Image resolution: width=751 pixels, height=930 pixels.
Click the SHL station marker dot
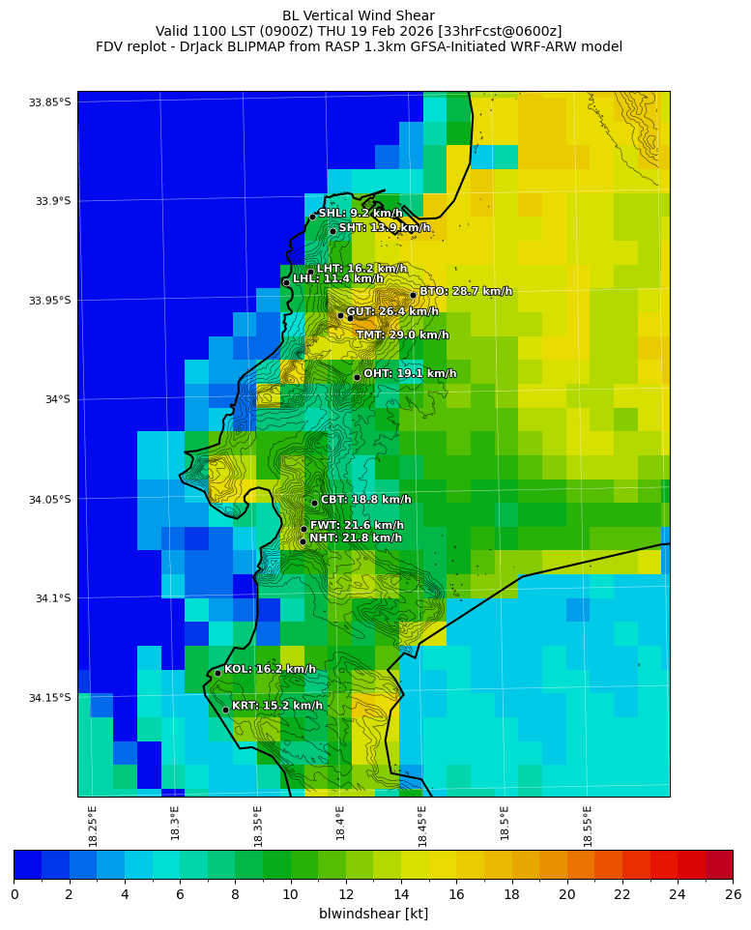(312, 217)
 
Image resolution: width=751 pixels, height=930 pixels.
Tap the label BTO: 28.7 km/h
(465, 291)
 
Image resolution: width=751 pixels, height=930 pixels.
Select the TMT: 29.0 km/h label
(402, 335)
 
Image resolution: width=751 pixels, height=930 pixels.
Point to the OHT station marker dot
(357, 377)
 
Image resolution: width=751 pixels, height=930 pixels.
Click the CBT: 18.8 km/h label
(365, 500)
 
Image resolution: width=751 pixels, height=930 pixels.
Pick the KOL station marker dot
(217, 673)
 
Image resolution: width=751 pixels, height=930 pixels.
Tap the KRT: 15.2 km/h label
(276, 706)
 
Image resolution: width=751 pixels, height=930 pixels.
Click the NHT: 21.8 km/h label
(355, 538)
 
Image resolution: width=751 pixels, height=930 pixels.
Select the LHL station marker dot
(286, 282)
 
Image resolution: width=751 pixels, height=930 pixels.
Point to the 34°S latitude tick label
(56, 399)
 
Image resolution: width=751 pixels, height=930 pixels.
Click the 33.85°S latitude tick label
(49, 102)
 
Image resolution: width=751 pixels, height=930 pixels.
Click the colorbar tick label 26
(732, 894)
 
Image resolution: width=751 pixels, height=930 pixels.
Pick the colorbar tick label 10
(290, 894)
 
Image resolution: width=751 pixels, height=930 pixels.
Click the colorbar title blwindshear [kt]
(373, 914)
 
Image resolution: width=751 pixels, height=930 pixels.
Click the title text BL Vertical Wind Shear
(359, 15)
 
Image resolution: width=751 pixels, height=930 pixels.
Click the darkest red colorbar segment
(718, 864)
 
